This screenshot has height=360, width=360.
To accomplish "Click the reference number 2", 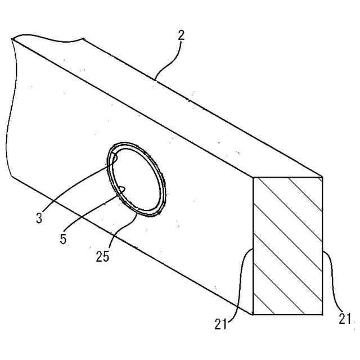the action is [x=181, y=35].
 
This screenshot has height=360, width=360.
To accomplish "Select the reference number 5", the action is [x=64, y=238].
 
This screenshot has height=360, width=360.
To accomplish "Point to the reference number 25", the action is [x=102, y=256].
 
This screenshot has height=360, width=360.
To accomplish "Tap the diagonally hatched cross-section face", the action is [x=288, y=246].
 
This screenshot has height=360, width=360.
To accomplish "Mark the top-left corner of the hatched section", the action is [x=254, y=178].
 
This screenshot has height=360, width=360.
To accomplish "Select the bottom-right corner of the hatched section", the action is [x=322, y=314].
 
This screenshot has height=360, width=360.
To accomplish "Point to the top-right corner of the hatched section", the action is [x=322, y=178].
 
